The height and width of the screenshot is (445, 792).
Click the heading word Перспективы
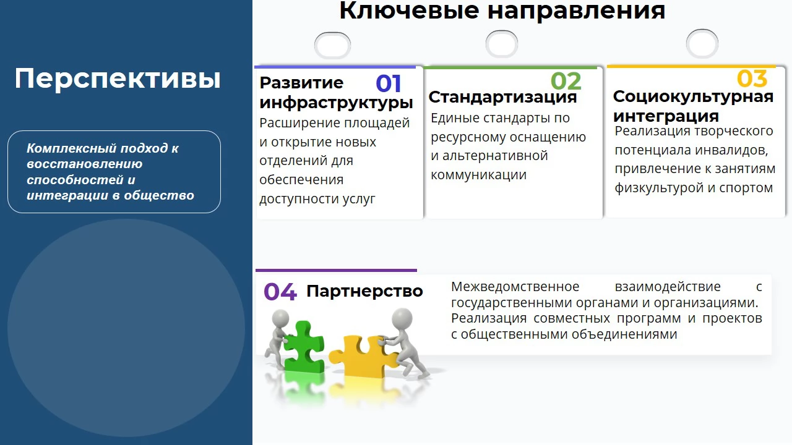point(118,79)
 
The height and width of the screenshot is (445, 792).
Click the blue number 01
point(388,83)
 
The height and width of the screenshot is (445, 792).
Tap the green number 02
point(566,81)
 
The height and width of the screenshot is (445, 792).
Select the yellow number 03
point(752,78)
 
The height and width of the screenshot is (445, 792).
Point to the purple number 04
point(280,292)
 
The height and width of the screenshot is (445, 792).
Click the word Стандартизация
point(502,97)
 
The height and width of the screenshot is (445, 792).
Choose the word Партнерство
point(364,291)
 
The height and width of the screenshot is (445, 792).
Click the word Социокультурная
point(693,97)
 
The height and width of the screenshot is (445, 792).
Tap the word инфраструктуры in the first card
point(336,103)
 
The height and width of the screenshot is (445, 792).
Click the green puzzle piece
point(303,346)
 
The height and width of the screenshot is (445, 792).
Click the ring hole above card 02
point(502,44)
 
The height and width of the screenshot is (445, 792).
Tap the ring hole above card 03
point(702,44)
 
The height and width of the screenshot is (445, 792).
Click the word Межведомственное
point(515,286)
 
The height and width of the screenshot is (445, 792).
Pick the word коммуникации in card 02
point(478,175)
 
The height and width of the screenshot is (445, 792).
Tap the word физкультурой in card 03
point(659,188)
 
